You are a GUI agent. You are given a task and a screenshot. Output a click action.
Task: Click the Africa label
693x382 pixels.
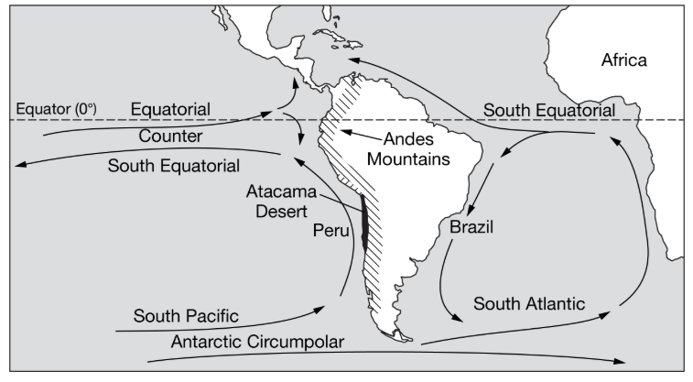(623, 60)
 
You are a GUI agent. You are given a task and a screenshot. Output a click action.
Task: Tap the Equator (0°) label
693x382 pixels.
(55, 109)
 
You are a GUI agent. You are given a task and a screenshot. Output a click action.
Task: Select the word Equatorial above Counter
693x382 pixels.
(170, 110)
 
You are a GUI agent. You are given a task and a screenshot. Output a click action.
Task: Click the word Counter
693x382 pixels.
(170, 137)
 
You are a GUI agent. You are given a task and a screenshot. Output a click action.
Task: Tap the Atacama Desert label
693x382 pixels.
(279, 201)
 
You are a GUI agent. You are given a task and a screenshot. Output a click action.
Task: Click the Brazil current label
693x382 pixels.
(471, 227)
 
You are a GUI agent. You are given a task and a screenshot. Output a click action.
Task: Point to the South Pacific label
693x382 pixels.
(186, 316)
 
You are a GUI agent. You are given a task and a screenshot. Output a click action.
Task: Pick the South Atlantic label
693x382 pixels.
(529, 301)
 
